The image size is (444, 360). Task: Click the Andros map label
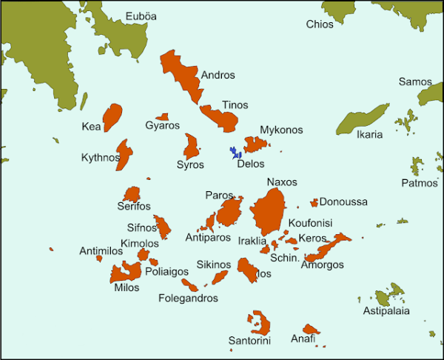[218, 75]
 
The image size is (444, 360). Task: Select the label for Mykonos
[281, 130]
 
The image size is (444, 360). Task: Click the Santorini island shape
[260, 323]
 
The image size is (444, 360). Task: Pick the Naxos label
[281, 182]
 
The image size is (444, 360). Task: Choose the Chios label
[320, 24]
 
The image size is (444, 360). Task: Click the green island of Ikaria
[363, 119]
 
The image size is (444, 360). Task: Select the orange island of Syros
[192, 146]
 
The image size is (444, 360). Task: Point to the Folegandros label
[188, 299]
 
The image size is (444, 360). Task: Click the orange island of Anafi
[311, 329]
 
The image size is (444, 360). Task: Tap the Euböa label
[141, 16]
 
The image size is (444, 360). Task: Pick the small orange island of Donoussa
[314, 202]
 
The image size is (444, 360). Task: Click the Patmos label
[420, 183]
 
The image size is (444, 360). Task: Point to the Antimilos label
[100, 251]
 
